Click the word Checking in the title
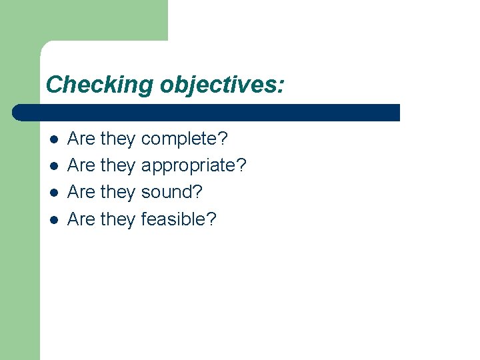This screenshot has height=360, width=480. [100, 85]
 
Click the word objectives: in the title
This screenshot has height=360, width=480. [222, 85]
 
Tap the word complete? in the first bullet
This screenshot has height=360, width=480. [185, 139]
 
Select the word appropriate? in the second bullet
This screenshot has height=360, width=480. [194, 166]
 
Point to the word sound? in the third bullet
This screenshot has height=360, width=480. [172, 192]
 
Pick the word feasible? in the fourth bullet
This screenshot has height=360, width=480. [179, 219]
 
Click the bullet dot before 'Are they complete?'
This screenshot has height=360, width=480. [53, 140]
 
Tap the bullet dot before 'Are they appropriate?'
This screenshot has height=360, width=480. [53, 166]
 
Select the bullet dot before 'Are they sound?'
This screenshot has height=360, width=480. [53, 193]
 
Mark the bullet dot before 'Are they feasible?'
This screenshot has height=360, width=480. [53, 219]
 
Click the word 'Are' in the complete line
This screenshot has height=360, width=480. [81, 139]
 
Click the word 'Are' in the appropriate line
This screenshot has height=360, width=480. [81, 165]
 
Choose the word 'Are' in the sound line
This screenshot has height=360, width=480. [81, 192]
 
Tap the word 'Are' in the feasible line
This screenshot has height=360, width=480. [81, 219]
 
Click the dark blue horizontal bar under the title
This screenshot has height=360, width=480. [207, 112]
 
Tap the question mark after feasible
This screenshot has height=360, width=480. [212, 219]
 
